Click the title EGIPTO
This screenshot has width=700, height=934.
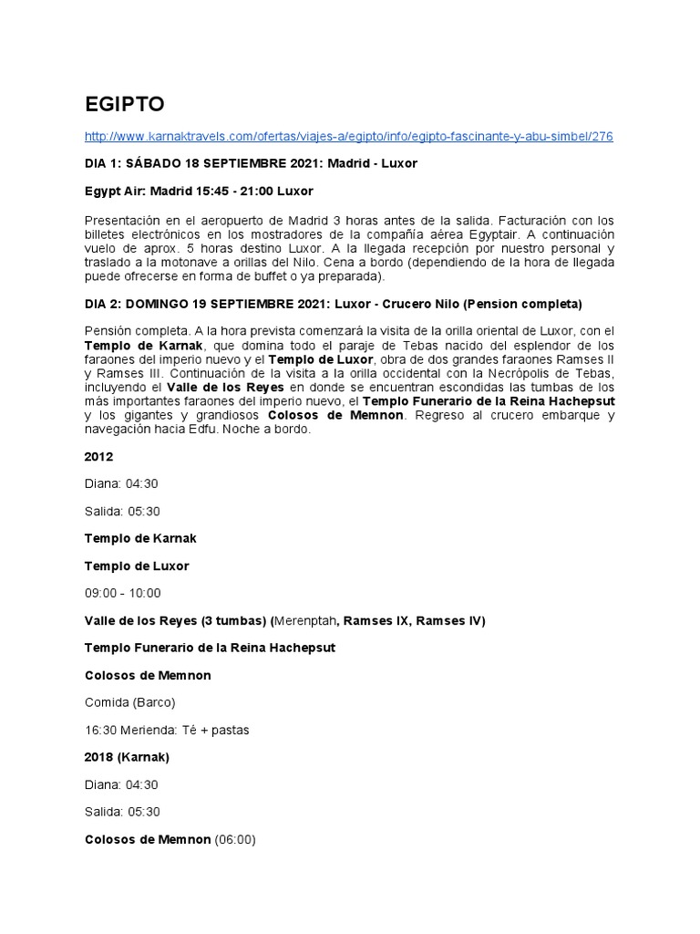point(125,105)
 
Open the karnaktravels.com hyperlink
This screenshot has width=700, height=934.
point(348,137)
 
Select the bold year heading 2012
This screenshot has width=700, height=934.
point(98,457)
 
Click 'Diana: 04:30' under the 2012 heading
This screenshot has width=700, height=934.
point(121,484)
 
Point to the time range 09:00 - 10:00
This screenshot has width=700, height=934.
point(122,594)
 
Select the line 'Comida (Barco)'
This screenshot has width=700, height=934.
point(129,703)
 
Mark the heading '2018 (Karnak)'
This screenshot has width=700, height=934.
point(127,758)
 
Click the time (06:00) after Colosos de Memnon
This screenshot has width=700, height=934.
point(235,840)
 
